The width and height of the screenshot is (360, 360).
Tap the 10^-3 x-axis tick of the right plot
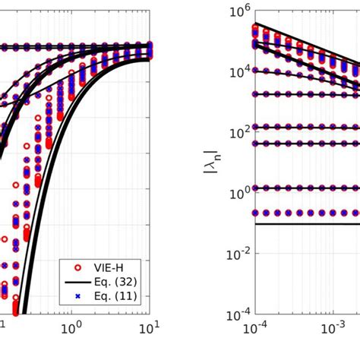(x=330, y=330)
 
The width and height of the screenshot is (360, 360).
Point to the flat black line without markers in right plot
(x=304, y=224)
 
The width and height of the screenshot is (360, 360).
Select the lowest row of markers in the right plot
(x=304, y=213)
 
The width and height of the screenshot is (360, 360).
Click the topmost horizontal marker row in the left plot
(x=76, y=46)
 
